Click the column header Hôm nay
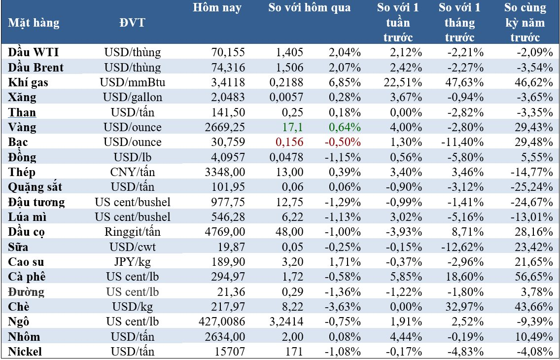click(217, 8)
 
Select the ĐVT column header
click(132, 23)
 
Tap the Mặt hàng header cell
click(34, 23)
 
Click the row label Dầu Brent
click(36, 67)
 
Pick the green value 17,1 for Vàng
click(294, 127)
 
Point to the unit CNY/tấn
click(132, 172)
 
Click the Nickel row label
click(25, 352)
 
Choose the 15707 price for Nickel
click(232, 352)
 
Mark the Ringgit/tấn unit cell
click(132, 232)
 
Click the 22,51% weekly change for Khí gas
click(404, 82)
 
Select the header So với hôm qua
click(310, 8)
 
